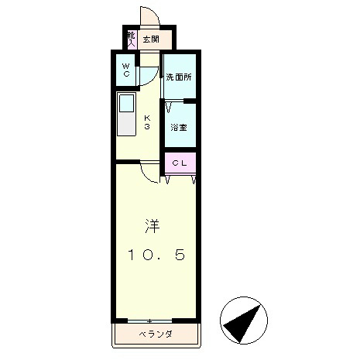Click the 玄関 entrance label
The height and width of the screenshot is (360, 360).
[x=151, y=39]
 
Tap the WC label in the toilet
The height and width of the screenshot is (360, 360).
[x=125, y=70]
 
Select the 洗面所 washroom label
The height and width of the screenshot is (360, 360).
[x=179, y=77]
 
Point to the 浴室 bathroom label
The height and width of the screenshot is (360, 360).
[x=179, y=126]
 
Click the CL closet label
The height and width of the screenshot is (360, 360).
[x=179, y=163]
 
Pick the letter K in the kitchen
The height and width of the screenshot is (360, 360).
[x=146, y=118]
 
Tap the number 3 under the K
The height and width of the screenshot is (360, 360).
[x=146, y=127]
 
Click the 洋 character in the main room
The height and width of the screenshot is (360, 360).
[x=153, y=226]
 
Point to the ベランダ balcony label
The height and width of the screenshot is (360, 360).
[x=156, y=334]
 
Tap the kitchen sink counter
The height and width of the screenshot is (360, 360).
[x=126, y=115]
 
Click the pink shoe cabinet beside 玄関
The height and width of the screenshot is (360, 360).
[x=132, y=39]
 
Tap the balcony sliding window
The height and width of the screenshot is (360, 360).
[x=149, y=321]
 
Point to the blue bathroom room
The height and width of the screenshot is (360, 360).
[x=179, y=124]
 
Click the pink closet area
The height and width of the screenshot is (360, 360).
[x=180, y=163]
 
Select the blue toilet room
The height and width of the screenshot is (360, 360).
[x=125, y=71]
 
